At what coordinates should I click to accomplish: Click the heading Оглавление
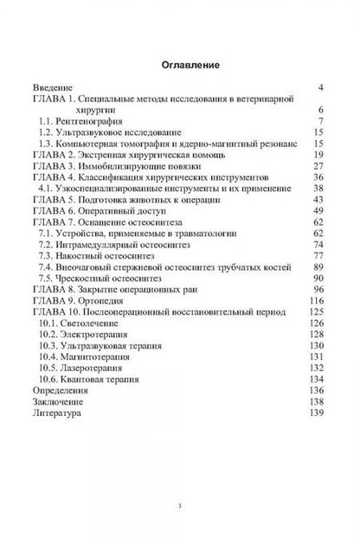(179, 64)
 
